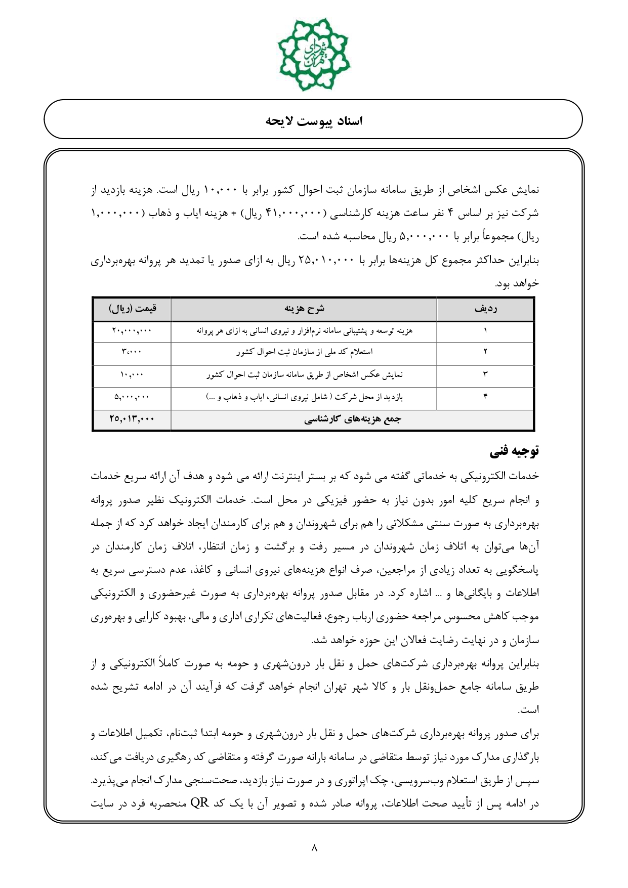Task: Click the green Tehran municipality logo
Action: [x=314, y=54]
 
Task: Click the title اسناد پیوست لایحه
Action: [x=314, y=121]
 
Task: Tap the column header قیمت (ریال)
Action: [x=132, y=309]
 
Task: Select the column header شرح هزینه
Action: [x=304, y=309]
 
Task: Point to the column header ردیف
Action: [x=485, y=309]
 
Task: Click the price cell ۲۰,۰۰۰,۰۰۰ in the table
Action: [x=132, y=331]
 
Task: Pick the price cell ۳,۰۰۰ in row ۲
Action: [x=132, y=353]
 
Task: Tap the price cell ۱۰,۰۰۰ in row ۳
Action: [x=132, y=375]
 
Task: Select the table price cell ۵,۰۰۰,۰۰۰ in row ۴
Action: [x=132, y=398]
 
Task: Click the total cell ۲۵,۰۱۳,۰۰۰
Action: [x=132, y=419]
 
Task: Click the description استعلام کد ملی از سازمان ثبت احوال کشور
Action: [x=304, y=353]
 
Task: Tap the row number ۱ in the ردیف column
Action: [x=485, y=331]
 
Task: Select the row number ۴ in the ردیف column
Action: [x=485, y=398]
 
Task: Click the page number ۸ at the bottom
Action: [x=314, y=848]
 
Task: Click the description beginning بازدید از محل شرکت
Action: [x=304, y=398]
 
